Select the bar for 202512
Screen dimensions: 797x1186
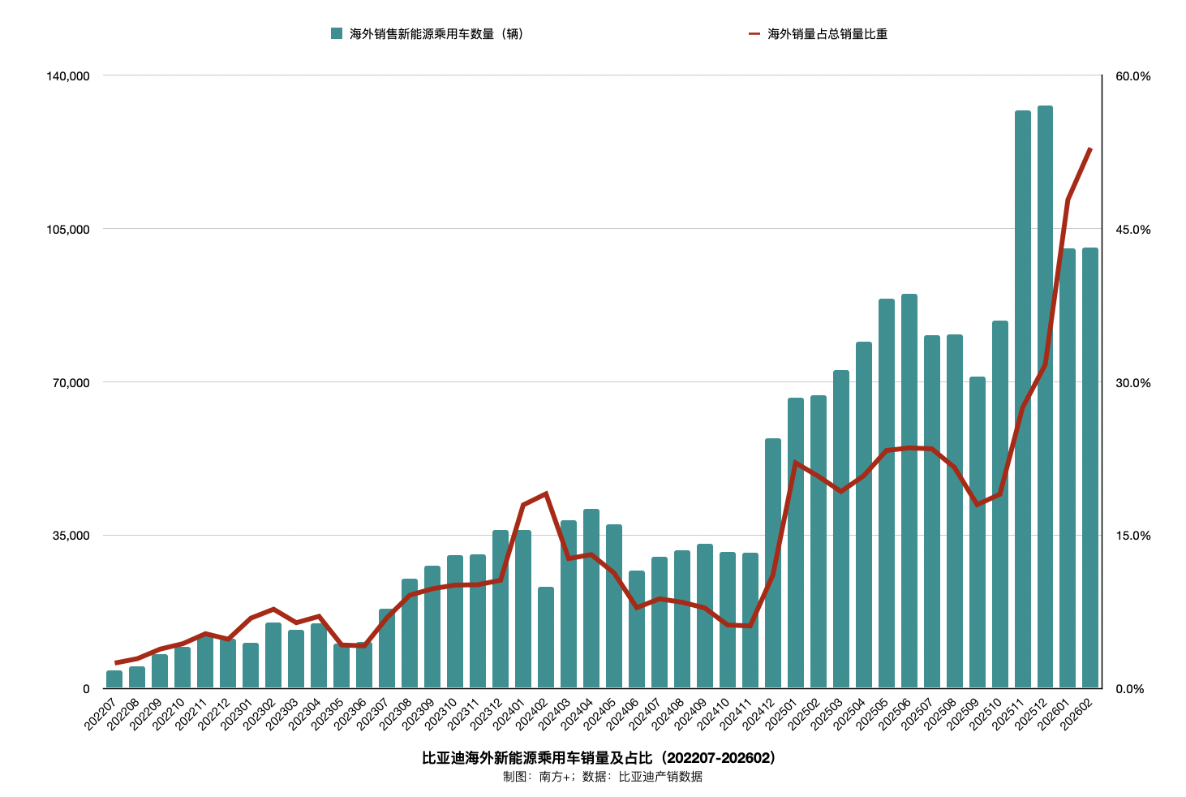(x=1045, y=398)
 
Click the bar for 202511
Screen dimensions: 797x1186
(x=1022, y=399)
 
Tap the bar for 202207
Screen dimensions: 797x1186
(x=114, y=680)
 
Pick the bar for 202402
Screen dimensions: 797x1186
(x=546, y=638)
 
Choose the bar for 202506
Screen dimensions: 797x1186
(x=909, y=491)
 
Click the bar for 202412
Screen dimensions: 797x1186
(x=772, y=563)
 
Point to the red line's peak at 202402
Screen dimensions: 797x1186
(x=546, y=493)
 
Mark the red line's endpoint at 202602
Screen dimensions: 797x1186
(x=1090, y=149)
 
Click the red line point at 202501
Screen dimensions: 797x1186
(x=796, y=463)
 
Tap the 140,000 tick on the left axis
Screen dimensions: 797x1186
(x=68, y=76)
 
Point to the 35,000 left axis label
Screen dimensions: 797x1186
(x=71, y=536)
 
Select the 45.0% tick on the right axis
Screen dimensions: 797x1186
(x=1133, y=230)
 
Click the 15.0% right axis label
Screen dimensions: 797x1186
(x=1133, y=536)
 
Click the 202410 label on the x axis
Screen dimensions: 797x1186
(x=722, y=712)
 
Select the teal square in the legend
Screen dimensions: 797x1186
(x=337, y=34)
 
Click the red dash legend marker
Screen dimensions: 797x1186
(x=754, y=34)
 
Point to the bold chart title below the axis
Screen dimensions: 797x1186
(x=599, y=758)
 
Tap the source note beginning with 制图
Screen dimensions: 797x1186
(x=602, y=777)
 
